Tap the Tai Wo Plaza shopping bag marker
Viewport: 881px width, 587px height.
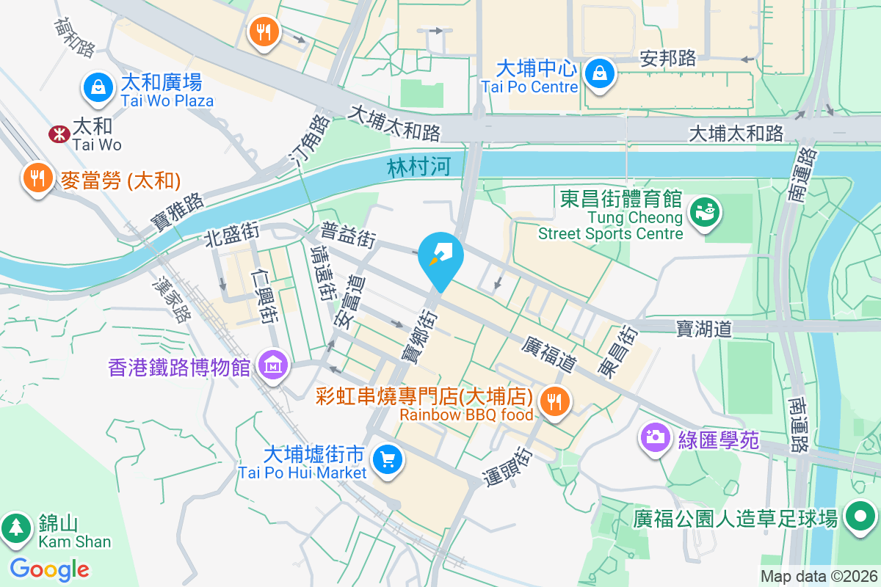97,88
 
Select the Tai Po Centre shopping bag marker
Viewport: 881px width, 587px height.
600,73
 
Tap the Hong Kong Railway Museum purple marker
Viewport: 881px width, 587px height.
273,365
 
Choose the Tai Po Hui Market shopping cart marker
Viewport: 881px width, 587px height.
386,460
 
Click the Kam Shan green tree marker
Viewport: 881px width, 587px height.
16,527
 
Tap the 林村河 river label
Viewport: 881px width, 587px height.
418,168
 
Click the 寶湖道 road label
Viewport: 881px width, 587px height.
704,328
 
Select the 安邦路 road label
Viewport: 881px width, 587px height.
667,58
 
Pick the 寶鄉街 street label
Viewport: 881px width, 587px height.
418,335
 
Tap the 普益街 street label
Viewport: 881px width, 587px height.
349,234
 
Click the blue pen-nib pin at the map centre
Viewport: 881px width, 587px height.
440,258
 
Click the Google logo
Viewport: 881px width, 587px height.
50,569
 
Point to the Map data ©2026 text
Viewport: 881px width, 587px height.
818,576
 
